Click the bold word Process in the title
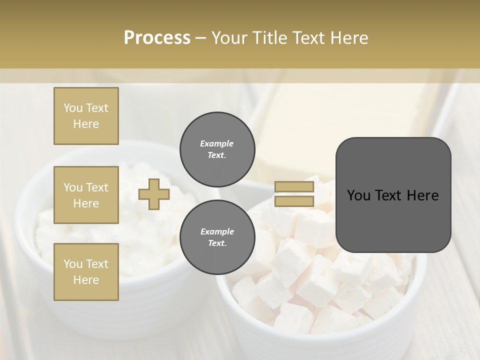coord(157,37)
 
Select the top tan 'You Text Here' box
coord(86,116)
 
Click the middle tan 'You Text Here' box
coord(86,195)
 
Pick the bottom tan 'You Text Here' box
coord(86,271)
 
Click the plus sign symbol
coord(153,194)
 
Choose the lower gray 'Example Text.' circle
coord(217,237)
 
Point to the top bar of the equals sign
coord(294,187)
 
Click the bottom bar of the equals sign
coord(294,201)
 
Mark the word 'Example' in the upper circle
coord(216,143)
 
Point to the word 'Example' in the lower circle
coord(216,231)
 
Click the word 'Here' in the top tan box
coord(86,124)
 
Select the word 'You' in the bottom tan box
coord(73,263)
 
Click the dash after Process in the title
coord(201,37)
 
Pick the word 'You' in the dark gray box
coord(358,195)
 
